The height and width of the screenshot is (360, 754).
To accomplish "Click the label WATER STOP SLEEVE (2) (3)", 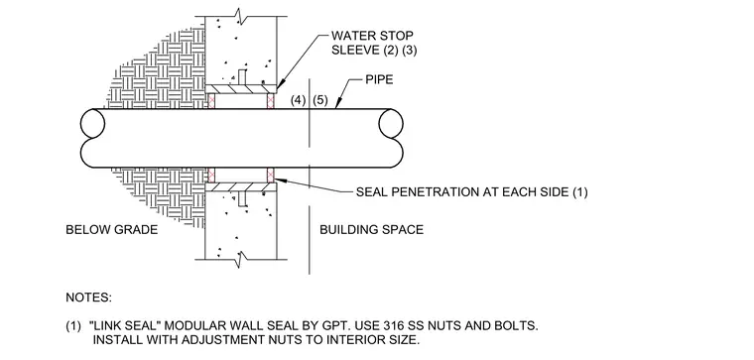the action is (374, 43).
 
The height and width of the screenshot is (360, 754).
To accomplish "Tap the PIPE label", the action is (379, 79).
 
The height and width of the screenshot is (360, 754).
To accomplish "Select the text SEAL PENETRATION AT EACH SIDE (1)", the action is (471, 192).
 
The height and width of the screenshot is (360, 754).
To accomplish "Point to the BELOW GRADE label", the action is (111, 230).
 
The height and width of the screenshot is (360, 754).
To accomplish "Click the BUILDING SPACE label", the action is (372, 230).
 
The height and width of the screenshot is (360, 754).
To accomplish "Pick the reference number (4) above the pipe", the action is (299, 100).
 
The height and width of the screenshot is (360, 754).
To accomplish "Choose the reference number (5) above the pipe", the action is (320, 100).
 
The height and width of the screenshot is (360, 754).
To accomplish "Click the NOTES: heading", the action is (88, 298).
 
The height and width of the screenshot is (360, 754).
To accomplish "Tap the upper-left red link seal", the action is (211, 101).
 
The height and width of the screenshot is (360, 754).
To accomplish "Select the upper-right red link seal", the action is (270, 101).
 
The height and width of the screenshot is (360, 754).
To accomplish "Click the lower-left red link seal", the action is (211, 175).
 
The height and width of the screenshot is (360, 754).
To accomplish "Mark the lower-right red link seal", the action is (270, 175).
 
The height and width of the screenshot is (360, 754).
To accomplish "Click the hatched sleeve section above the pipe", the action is (241, 89).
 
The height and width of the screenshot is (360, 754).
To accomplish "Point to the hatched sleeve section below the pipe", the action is (241, 187).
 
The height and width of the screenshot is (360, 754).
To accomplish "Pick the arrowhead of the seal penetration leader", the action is (280, 180).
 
